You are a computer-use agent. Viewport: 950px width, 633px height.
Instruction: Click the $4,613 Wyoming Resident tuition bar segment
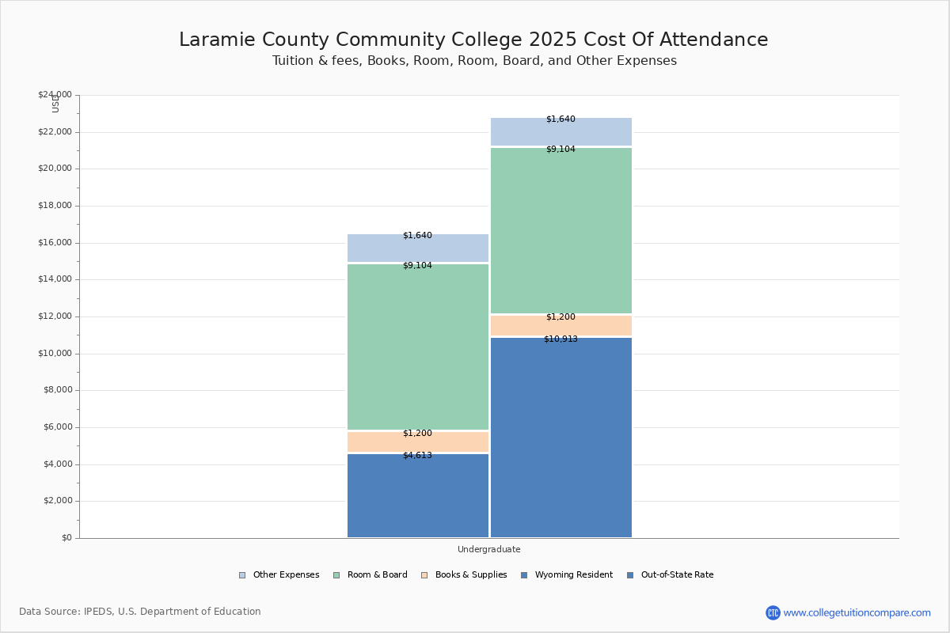click(418, 495)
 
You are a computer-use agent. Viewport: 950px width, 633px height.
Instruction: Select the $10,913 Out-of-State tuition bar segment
click(560, 438)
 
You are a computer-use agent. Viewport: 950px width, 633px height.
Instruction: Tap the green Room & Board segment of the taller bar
click(560, 230)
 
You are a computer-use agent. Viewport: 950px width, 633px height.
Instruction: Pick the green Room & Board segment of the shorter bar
click(418, 347)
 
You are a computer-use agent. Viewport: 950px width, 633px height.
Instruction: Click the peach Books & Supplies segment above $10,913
click(560, 325)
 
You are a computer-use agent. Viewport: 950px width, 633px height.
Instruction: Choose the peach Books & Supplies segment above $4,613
click(418, 442)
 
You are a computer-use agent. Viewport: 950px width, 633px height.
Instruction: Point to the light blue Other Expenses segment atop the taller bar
click(560, 131)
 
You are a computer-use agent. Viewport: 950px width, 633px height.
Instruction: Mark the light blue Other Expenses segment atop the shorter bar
click(418, 248)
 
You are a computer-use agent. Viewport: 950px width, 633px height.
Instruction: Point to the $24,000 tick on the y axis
click(55, 95)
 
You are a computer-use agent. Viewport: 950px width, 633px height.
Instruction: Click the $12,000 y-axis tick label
click(55, 316)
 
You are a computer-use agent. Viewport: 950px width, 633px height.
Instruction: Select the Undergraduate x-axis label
click(488, 549)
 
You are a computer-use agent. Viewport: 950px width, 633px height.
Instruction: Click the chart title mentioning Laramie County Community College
click(473, 40)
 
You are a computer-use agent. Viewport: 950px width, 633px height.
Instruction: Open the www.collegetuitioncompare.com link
click(856, 612)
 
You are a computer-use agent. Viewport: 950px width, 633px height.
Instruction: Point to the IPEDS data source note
click(140, 612)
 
